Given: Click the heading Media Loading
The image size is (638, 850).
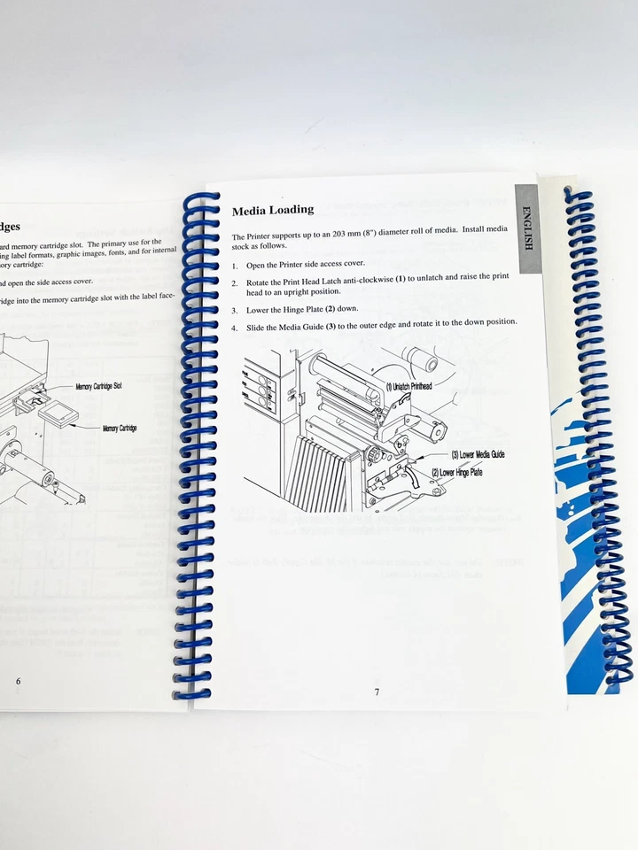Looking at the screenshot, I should [273, 210].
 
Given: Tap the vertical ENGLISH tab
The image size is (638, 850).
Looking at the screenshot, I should [526, 229].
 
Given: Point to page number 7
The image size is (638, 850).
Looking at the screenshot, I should [376, 692].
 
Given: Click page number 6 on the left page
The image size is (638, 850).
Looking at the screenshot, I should [19, 681].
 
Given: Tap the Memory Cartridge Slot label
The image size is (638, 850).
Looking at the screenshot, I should [98, 386].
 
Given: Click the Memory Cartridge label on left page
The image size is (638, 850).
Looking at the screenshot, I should [119, 429].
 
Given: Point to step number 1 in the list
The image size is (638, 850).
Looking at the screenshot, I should [235, 266].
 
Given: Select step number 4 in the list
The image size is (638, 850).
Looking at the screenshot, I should [235, 321].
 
